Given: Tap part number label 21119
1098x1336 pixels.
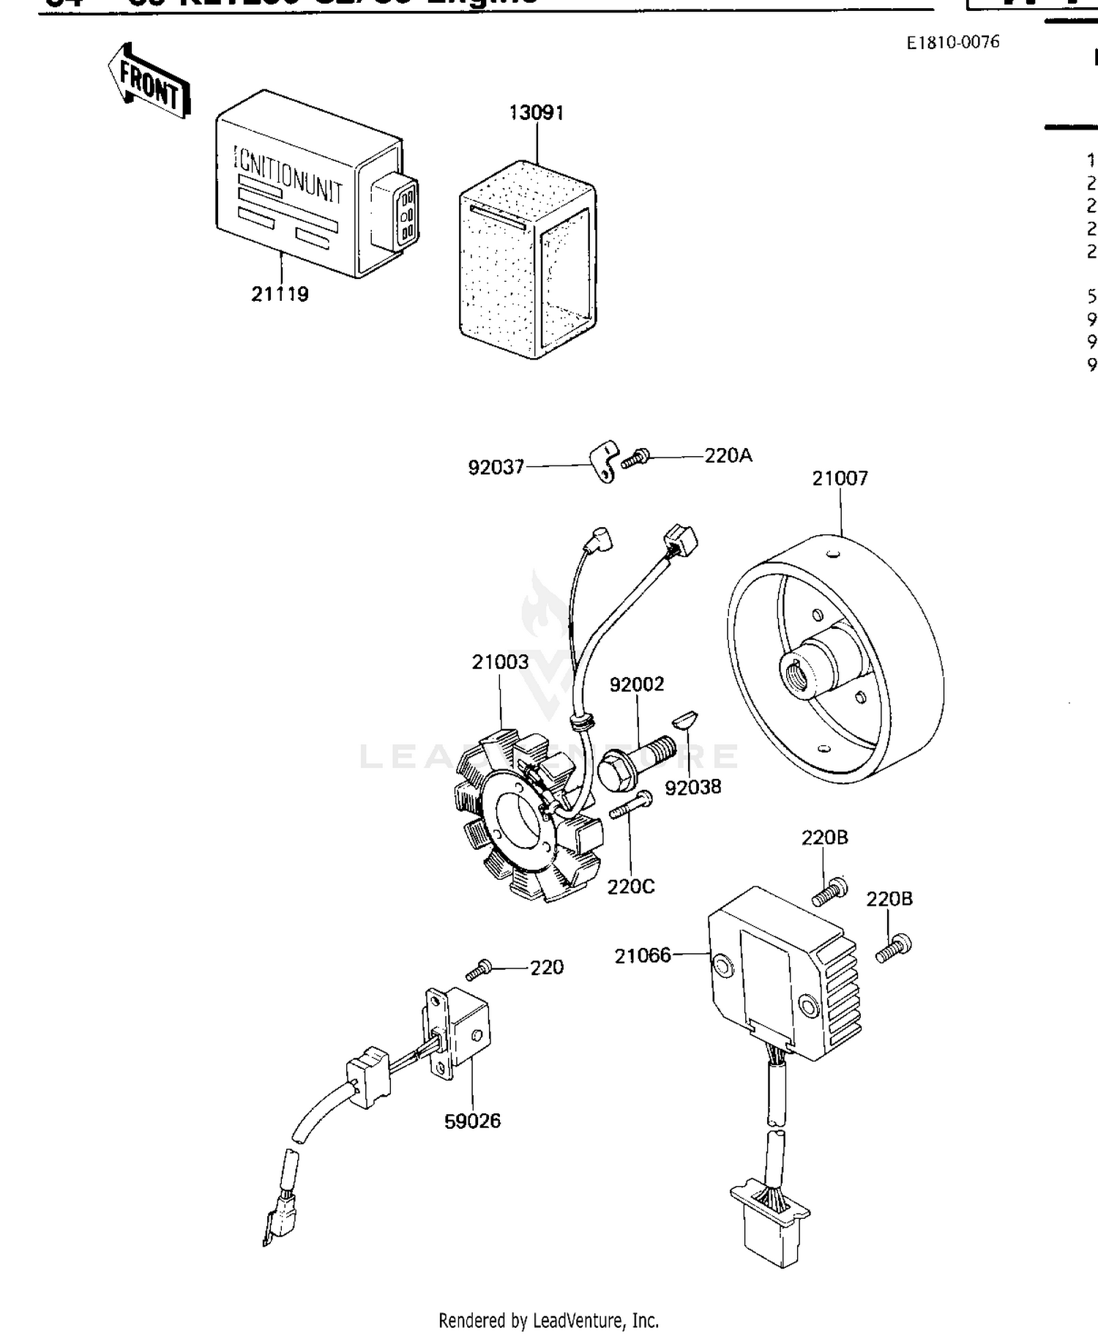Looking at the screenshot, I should [280, 294].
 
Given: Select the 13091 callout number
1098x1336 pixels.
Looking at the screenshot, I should [537, 113].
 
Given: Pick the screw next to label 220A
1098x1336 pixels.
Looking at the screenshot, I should [635, 460].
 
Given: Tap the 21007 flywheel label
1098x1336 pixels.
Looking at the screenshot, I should [840, 479].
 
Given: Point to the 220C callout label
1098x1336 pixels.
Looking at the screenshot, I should [630, 887].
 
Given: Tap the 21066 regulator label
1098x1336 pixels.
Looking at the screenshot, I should [642, 955].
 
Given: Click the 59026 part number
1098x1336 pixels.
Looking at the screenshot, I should [472, 1121].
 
